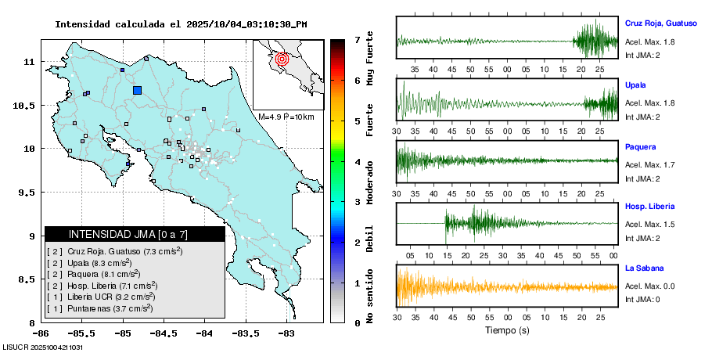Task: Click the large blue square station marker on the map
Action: pos(137,90)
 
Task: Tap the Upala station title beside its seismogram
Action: pos(635,85)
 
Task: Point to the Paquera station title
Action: pos(640,146)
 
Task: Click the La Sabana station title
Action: pos(644,268)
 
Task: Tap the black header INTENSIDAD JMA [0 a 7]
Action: pos(135,234)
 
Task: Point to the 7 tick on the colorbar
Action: pos(357,39)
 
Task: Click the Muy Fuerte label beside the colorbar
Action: pos(370,63)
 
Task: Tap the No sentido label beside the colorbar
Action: pos(370,296)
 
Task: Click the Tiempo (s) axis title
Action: pos(507,330)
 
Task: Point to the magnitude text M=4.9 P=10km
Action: pos(286,117)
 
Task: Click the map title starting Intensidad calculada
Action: pos(181,24)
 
